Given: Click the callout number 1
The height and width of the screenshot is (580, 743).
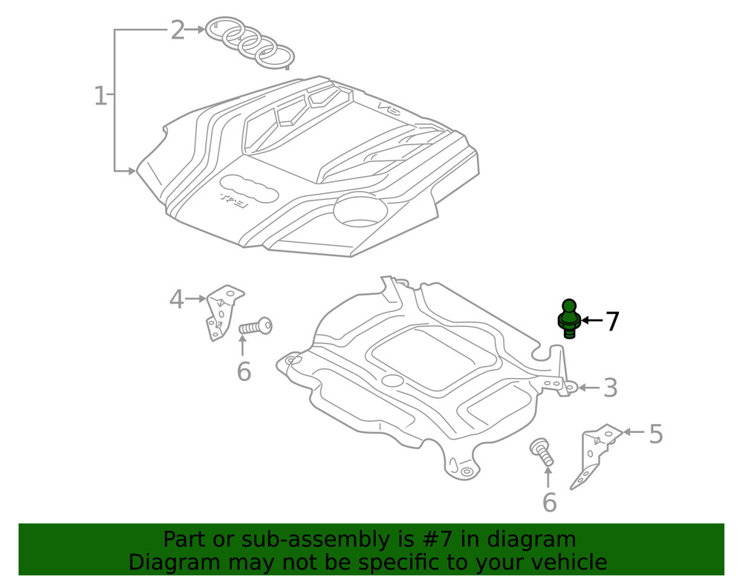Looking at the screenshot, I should (x=100, y=96).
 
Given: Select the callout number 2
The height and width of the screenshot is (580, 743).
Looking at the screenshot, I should (x=177, y=30).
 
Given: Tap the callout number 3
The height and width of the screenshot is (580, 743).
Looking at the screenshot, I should (x=610, y=388).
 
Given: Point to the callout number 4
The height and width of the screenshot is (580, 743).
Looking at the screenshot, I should (x=176, y=299).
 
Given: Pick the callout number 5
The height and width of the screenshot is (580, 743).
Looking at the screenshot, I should (x=655, y=434).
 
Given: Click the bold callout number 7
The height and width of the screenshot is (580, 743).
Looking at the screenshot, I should (x=611, y=322).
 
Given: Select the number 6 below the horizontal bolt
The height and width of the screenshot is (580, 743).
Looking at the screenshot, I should (x=244, y=371).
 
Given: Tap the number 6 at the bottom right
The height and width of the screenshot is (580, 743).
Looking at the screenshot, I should (x=549, y=503).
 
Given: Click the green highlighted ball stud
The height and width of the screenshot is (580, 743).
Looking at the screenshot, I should (x=569, y=318).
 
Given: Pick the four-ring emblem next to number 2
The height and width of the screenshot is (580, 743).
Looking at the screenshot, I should (x=250, y=42).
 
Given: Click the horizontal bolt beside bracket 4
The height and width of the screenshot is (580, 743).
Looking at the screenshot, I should (x=256, y=326).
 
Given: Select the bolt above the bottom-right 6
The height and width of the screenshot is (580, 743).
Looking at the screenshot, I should (x=541, y=452).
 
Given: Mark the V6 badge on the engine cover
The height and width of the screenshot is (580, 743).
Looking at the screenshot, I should (x=389, y=109).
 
